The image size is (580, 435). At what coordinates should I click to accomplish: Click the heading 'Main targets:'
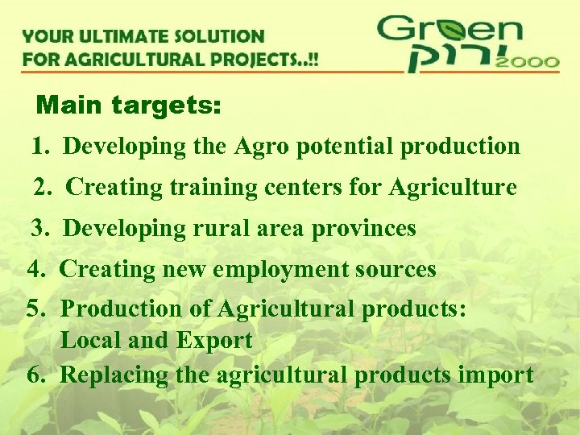click(x=129, y=105)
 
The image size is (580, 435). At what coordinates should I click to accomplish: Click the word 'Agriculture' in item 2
click(x=452, y=188)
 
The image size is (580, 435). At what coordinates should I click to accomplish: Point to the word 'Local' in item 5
click(x=91, y=341)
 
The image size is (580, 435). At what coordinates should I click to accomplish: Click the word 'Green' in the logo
click(x=449, y=31)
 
